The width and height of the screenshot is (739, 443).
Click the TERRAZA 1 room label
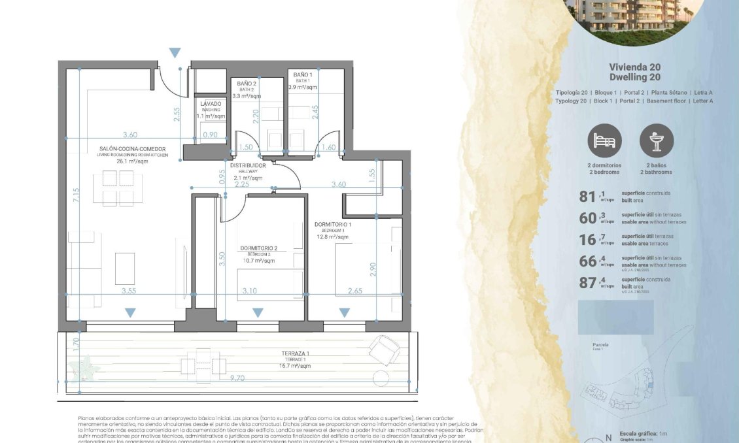(295, 353)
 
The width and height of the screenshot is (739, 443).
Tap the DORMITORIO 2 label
(258, 248)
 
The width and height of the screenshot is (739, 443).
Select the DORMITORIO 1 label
(333, 225)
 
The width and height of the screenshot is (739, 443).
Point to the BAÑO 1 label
(303, 75)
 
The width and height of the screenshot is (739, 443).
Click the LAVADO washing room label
(211, 104)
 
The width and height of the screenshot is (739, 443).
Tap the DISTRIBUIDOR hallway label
(248, 165)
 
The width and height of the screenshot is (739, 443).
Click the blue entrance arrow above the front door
(175, 53)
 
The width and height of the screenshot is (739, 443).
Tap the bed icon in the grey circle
(604, 140)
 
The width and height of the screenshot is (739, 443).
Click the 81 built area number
(588, 196)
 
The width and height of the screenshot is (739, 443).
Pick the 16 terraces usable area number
(588, 239)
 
